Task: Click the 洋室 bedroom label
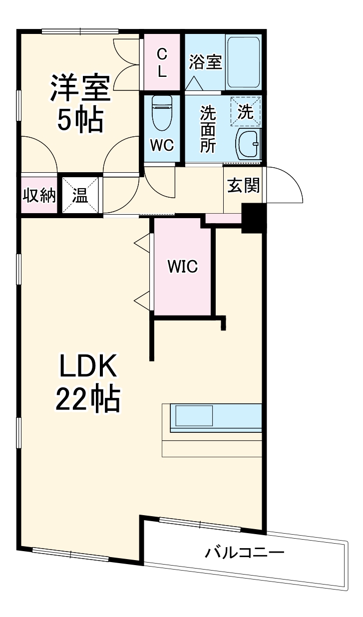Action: coord(79,88)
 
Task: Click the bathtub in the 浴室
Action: coord(244,62)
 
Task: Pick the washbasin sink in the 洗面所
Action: coord(248,144)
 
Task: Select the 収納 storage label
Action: coord(38,196)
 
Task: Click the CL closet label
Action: coord(162,62)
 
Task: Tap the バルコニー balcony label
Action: coord(245,553)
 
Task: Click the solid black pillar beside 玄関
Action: coord(252,217)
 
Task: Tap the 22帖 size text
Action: coord(88,399)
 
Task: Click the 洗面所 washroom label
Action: coord(208,129)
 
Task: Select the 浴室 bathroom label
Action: coord(205,62)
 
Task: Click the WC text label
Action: coord(162,145)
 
